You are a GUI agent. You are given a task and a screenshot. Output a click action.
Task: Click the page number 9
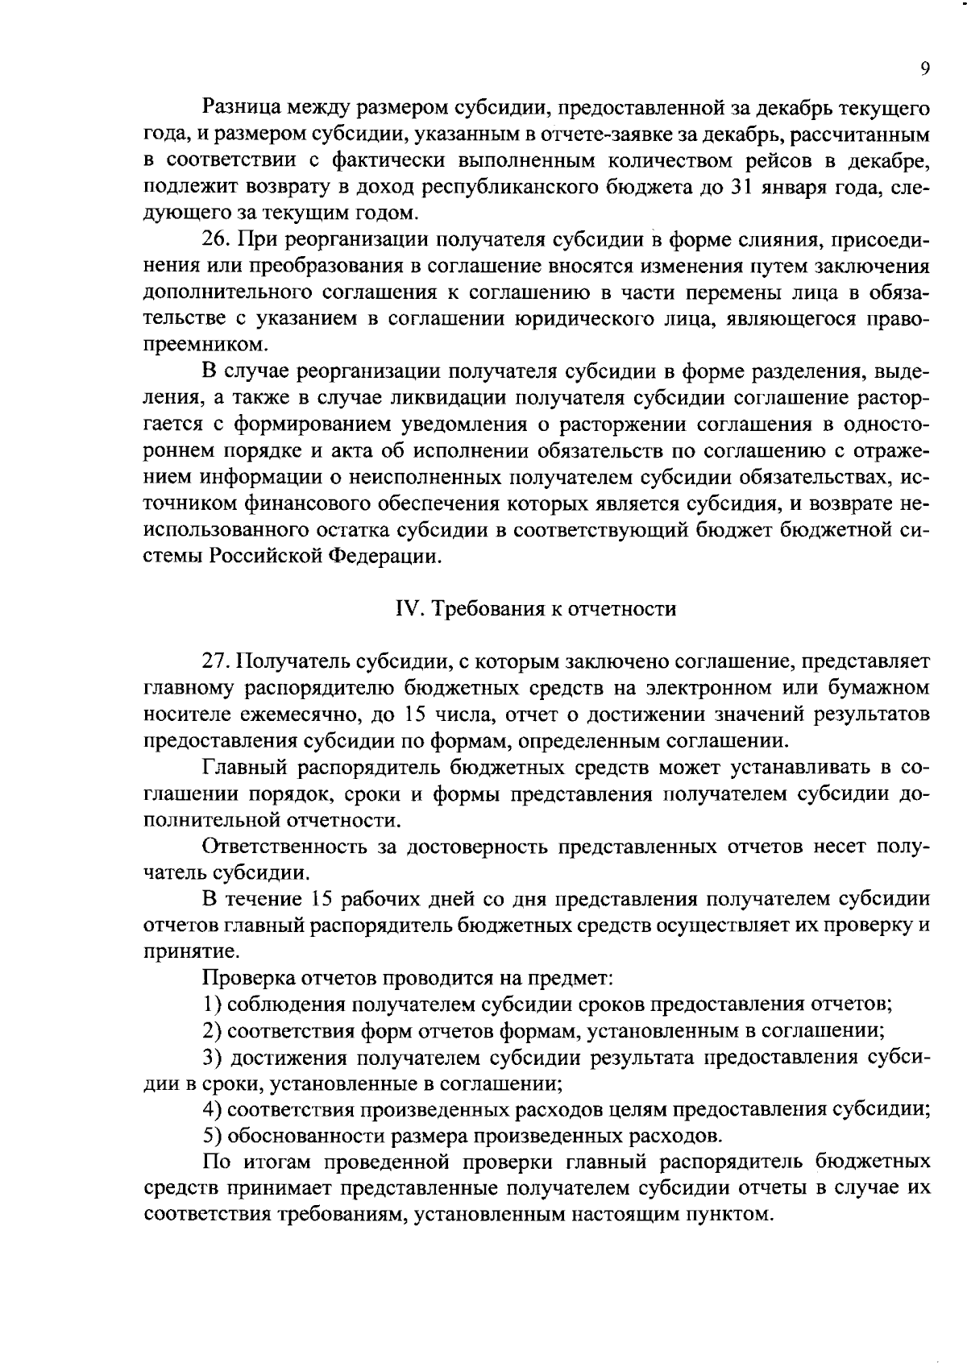[924, 68]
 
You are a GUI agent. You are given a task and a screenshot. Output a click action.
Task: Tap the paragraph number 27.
[216, 661]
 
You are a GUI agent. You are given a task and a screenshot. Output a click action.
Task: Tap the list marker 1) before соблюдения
[212, 1005]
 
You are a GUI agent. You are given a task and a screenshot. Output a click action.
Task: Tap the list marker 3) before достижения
[212, 1058]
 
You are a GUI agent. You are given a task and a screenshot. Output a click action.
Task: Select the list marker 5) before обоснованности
[212, 1137]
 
